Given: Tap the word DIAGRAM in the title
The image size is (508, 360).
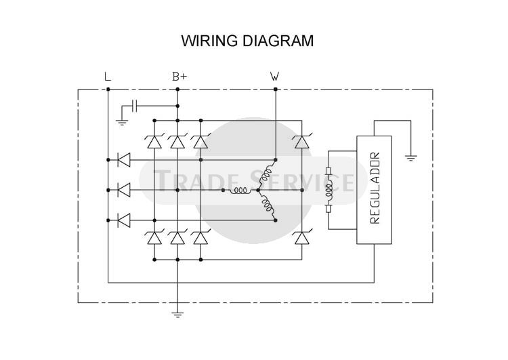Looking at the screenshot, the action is coord(278,41).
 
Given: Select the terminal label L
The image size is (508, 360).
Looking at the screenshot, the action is coord(108,77).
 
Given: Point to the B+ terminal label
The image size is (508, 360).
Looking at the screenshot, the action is coord(179,77).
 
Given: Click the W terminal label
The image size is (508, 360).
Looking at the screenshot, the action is coord(274,77).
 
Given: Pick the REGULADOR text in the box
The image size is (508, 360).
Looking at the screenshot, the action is coord(375,188).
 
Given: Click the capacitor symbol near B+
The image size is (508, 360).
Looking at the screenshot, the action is coord(135,106).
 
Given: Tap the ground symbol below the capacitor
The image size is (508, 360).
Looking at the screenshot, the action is coord(122,122).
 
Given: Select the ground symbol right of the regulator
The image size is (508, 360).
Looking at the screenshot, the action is coord(411,158).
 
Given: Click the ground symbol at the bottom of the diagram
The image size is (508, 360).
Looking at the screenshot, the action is coord(177,315).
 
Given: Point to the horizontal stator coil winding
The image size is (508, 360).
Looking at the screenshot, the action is coord(240,191).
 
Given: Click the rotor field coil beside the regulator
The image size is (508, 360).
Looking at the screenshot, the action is coord(329,190).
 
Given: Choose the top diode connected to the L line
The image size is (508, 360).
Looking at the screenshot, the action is coord(124,160).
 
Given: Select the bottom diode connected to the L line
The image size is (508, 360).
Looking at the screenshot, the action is coord(124,220).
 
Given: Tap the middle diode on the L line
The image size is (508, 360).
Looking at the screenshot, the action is coord(124,190).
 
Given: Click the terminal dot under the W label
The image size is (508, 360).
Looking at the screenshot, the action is coord(276,89).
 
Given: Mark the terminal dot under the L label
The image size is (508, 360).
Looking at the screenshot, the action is coord(108,89).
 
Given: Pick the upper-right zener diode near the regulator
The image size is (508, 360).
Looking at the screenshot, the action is coord(302,141).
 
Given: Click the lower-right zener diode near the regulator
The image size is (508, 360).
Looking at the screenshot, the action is coord(302,237).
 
